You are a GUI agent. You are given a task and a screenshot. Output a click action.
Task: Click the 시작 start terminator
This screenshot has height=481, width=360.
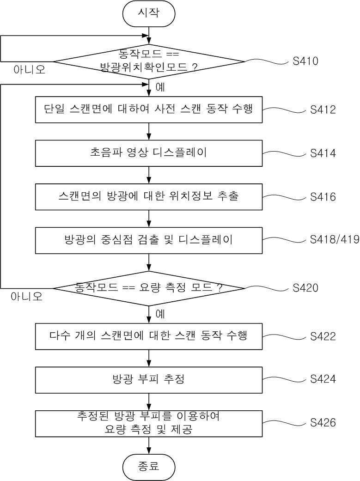click(x=149, y=13)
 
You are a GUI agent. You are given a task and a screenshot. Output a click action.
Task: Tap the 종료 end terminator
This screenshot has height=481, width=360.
click(x=149, y=466)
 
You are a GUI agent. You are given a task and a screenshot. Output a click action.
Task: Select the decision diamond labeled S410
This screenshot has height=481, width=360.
click(x=149, y=61)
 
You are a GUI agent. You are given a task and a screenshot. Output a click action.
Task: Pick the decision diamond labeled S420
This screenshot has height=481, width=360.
click(x=149, y=288)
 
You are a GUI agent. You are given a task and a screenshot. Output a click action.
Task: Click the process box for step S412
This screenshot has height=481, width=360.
click(x=149, y=110)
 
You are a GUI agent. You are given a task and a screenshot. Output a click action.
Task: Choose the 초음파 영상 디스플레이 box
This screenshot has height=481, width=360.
click(x=149, y=153)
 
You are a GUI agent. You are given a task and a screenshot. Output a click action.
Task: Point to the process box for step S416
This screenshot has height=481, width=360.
click(x=149, y=196)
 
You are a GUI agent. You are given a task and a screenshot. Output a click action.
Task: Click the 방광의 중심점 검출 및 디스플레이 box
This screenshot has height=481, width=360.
click(x=149, y=240)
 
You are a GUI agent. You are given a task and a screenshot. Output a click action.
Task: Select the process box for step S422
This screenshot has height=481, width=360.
click(x=149, y=336)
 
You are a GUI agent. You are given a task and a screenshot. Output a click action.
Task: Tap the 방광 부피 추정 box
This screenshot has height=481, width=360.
click(x=149, y=379)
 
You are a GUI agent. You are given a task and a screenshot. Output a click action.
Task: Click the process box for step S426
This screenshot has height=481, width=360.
click(x=149, y=423)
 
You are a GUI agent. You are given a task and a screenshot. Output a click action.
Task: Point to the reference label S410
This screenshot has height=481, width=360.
click(x=305, y=61)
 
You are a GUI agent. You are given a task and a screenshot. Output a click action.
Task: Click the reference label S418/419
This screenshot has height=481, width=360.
click(x=334, y=240)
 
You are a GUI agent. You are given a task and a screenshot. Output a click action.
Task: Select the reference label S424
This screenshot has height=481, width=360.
click(x=323, y=379)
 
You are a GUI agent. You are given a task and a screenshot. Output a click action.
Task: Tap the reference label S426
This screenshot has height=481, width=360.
click(x=323, y=422)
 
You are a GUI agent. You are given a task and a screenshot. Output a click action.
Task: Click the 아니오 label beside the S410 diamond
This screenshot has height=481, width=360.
click(x=29, y=71)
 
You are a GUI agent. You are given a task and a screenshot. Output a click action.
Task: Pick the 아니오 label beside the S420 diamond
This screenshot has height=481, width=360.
click(x=27, y=297)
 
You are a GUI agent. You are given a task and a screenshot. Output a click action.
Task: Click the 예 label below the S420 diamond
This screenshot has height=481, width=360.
click(x=160, y=314)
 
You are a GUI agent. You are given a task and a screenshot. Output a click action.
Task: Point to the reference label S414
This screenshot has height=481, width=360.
click(x=323, y=153)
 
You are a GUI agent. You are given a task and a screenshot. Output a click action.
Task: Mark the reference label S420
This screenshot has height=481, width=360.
click(x=305, y=288)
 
